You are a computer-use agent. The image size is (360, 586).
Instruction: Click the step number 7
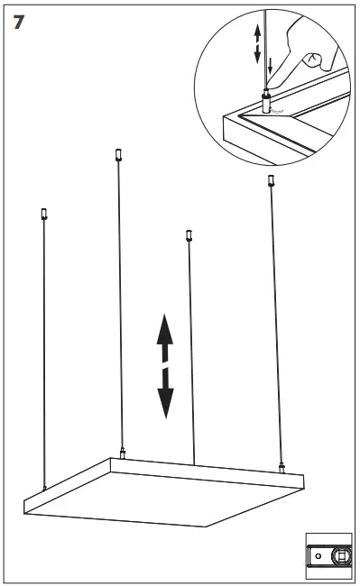(19, 22)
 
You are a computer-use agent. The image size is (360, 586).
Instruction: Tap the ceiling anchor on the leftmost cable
(43, 214)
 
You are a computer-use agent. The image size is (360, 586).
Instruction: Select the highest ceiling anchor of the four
(118, 155)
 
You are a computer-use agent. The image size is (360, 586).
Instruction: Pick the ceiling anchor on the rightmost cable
(271, 180)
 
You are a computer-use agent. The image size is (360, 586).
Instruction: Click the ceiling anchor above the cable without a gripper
(189, 235)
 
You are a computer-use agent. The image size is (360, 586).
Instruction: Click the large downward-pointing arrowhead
(165, 403)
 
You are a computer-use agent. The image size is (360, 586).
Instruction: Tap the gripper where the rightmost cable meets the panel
(282, 468)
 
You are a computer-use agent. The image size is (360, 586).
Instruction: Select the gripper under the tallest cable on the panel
(122, 453)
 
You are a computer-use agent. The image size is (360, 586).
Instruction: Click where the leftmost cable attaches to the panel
(45, 488)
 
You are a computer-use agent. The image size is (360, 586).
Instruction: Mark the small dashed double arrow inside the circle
(257, 44)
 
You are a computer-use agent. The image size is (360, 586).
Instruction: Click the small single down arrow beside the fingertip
(271, 66)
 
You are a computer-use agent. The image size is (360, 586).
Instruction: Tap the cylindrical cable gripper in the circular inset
(266, 101)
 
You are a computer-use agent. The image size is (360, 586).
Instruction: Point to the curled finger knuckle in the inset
(312, 60)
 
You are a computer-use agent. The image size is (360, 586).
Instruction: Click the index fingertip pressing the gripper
(272, 85)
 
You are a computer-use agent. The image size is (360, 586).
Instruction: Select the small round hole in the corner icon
(318, 555)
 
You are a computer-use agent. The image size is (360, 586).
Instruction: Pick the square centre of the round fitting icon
(340, 555)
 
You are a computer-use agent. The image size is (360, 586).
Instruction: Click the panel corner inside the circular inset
(224, 116)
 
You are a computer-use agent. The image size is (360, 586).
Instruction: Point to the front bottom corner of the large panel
(206, 526)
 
